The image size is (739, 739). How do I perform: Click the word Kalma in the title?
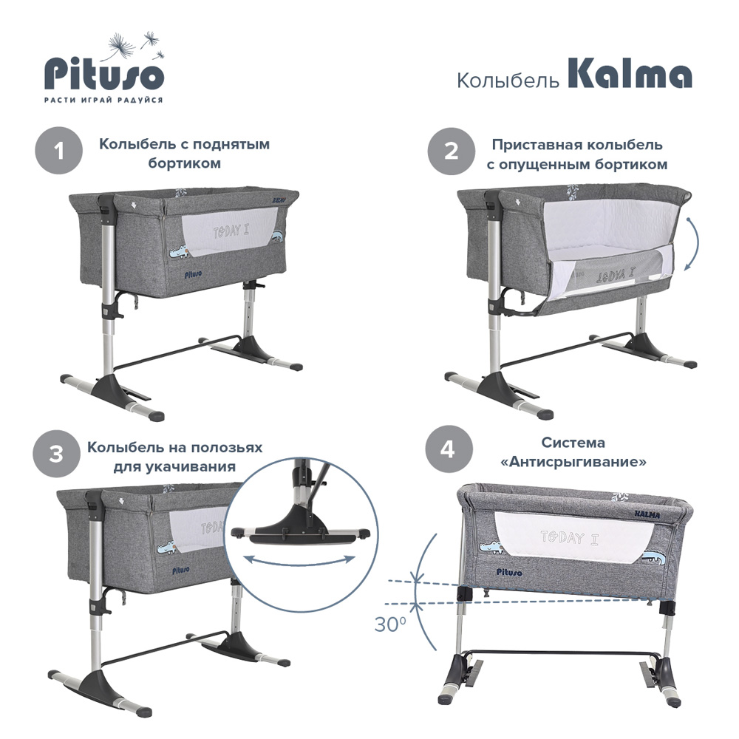pos(630,75)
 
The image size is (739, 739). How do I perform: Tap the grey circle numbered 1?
pos(59,151)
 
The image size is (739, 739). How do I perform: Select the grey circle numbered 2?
pos(451,151)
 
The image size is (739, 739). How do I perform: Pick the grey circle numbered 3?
pos(56,454)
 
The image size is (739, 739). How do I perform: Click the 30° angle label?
pos(390,624)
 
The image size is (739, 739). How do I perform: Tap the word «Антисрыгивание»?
pos(573,462)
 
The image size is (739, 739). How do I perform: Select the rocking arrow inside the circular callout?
pos(300,561)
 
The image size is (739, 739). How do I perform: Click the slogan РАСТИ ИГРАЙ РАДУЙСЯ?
pos(103,100)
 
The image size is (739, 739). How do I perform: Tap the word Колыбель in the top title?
pos(508,80)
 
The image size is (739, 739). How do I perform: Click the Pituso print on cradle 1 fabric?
pos(193,274)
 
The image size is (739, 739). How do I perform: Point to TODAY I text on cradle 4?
pos(569,537)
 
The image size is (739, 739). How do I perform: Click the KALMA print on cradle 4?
pos(647,514)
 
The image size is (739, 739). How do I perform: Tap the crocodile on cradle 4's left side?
pos(492,546)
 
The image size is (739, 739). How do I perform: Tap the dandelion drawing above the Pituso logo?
pos(137,45)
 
